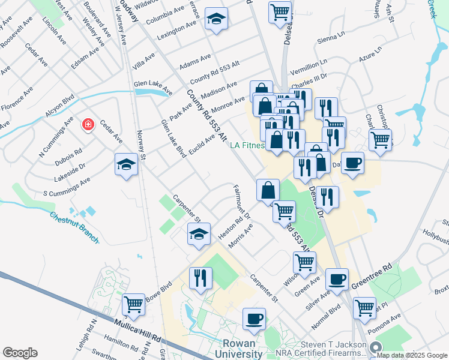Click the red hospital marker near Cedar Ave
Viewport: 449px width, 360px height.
[x=88, y=124]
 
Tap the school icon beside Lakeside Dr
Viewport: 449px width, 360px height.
[x=126, y=164]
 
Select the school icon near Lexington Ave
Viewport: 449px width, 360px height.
[x=215, y=19]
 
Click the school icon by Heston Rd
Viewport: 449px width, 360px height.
[x=199, y=234]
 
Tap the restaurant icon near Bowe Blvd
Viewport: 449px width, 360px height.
[x=199, y=278]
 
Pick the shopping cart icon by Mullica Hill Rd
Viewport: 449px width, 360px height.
[x=134, y=304]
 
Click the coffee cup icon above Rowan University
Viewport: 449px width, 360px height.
[x=255, y=318]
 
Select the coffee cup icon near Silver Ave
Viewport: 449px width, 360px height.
[x=337, y=278]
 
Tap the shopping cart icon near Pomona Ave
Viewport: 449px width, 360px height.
[x=365, y=307]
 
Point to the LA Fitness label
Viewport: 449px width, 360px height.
[x=247, y=145]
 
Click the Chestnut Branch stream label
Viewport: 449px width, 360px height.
[x=74, y=227]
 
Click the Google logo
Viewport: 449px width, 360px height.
[x=20, y=353]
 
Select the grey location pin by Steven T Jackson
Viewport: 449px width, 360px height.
[x=376, y=347]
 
